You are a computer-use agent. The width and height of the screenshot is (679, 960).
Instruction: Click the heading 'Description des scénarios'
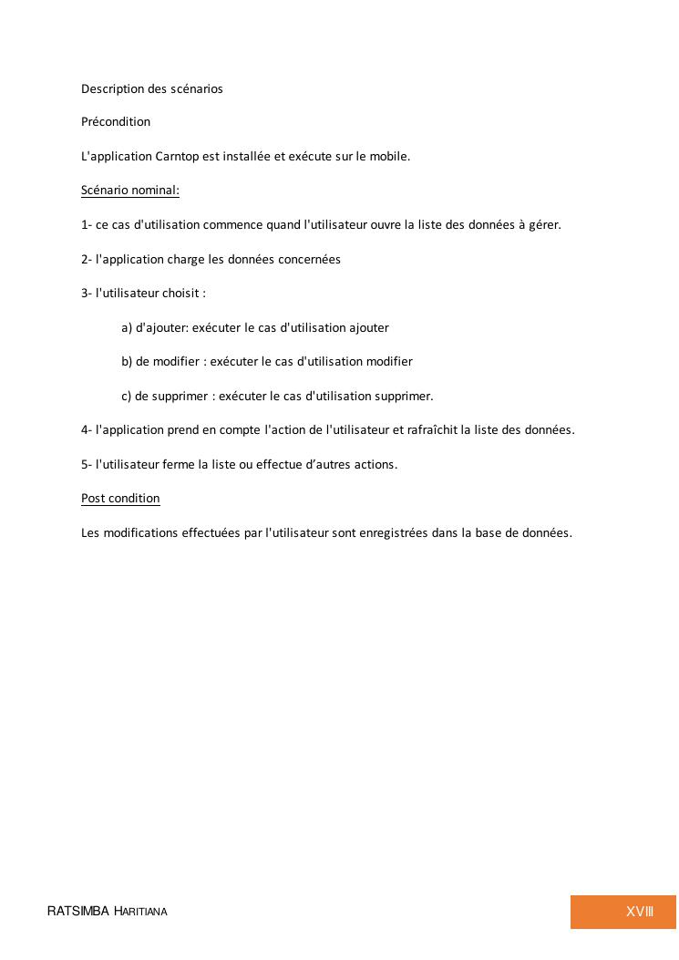[x=151, y=88]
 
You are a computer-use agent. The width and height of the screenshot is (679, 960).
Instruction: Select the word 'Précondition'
[x=116, y=121]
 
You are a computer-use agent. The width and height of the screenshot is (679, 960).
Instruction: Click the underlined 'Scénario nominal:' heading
[x=130, y=191]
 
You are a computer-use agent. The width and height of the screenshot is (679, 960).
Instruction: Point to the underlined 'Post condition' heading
[x=120, y=498]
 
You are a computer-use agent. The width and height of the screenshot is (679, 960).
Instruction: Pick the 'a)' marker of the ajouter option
[x=127, y=327]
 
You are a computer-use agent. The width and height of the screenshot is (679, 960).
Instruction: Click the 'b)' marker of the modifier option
[x=127, y=361]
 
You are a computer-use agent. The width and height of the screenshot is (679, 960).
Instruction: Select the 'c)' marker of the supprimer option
[x=127, y=396]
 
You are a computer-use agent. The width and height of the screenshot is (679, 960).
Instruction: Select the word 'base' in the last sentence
[x=490, y=532]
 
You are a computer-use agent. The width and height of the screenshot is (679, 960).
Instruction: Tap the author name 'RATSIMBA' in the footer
[x=78, y=912]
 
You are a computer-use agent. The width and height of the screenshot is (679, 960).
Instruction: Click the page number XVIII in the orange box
[x=640, y=912]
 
